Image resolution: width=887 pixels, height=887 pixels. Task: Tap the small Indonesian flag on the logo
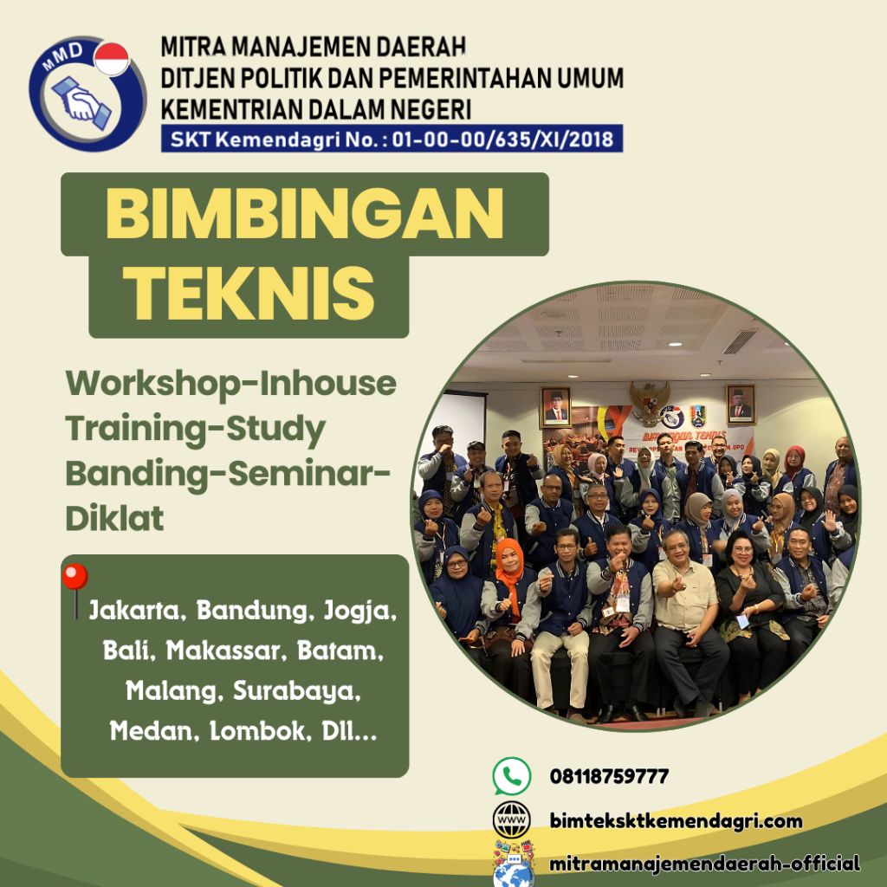(x=110, y=61)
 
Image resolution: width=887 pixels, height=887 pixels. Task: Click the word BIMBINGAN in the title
(x=304, y=214)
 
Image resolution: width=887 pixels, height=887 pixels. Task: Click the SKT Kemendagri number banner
(x=392, y=139)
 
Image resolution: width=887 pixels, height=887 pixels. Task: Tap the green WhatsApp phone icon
(x=511, y=775)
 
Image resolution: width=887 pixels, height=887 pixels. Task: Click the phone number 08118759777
(x=609, y=775)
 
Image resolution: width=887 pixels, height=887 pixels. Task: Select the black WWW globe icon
(x=511, y=819)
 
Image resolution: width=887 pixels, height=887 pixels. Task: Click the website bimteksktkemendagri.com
(x=676, y=820)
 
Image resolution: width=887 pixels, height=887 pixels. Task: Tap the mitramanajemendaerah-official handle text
(x=704, y=864)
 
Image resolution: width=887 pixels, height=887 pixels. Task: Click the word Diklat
(x=115, y=519)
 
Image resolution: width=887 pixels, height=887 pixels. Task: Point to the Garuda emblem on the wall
(x=647, y=400)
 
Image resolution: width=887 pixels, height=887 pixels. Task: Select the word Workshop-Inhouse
(x=231, y=384)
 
